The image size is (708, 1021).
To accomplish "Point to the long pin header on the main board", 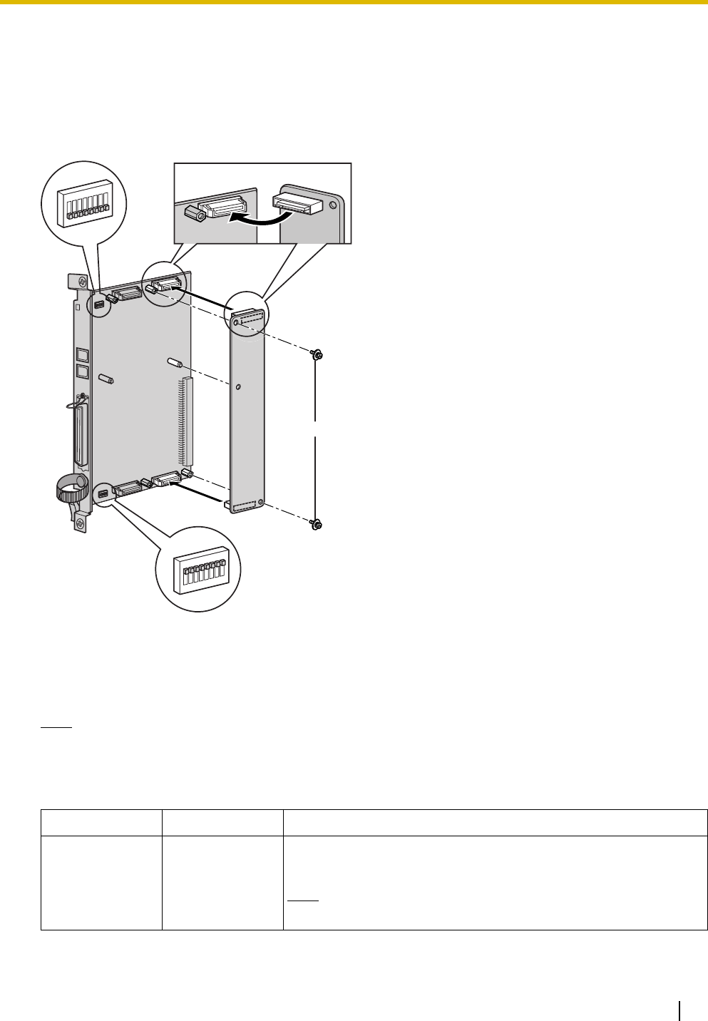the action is point(188,420).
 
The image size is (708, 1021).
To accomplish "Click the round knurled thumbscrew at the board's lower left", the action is point(66,491).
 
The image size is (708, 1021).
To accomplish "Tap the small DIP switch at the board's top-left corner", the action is point(100,306).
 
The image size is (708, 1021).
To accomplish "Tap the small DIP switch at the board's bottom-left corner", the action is point(103,493).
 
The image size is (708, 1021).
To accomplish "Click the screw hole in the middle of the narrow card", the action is point(238,387).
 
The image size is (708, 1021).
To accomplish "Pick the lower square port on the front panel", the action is point(81,371).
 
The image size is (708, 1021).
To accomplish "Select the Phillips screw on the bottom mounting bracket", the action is point(79,524).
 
